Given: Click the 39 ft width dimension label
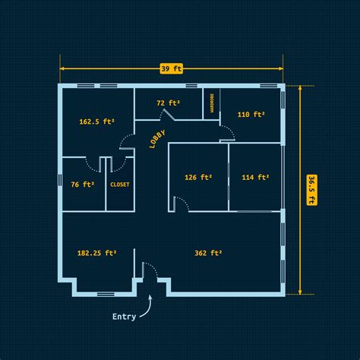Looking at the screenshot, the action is (172, 68).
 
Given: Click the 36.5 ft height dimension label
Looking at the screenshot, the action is (311, 190).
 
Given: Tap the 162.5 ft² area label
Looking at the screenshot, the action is (97, 122).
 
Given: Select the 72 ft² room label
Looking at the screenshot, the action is (168, 103).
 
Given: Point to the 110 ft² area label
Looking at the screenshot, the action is (251, 115).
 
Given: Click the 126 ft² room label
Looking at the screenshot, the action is (198, 177).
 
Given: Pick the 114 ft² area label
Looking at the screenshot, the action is (255, 177).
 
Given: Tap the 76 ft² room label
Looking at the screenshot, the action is (83, 185).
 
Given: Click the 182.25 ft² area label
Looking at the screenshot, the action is (97, 253).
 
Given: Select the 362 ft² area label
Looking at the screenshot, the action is (208, 253).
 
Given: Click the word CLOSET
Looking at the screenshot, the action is (120, 185).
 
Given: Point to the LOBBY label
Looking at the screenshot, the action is (157, 139).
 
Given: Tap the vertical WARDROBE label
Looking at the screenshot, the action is (212, 103).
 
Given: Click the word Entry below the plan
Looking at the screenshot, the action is (124, 317).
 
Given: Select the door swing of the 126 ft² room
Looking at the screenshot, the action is (183, 202).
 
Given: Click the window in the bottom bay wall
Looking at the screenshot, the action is (106, 294).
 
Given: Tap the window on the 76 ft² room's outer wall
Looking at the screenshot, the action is (60, 179).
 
